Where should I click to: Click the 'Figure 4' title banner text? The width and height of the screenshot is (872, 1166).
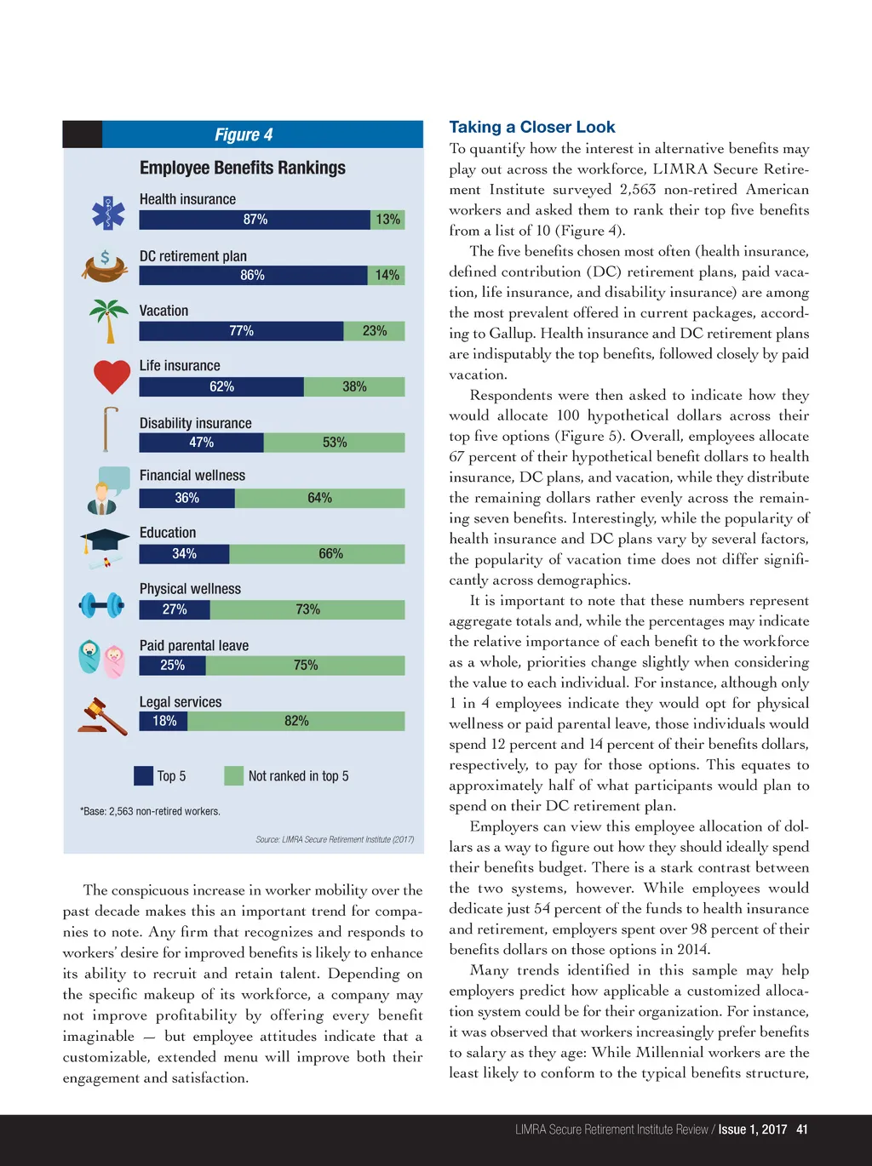click(244, 134)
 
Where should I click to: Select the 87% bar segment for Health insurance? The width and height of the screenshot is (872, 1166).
click(255, 220)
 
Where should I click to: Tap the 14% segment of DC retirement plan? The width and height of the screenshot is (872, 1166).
click(387, 275)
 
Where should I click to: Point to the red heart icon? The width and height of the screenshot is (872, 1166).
click(112, 376)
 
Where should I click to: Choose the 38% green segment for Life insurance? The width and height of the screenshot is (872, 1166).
click(354, 386)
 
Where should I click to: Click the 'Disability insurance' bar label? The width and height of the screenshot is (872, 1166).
click(196, 423)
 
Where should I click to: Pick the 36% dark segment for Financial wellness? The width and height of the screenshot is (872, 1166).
click(186, 498)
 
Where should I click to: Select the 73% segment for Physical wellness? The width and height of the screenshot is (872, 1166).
click(307, 609)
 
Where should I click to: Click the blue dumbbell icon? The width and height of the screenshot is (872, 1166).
click(102, 605)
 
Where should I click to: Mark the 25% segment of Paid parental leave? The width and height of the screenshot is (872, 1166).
click(173, 665)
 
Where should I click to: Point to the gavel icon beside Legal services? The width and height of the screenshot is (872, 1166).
click(102, 717)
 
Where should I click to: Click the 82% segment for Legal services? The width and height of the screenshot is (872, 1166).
click(296, 721)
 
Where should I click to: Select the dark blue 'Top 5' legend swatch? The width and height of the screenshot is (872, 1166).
click(143, 775)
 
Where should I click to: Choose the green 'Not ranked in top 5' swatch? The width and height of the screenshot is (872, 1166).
click(233, 775)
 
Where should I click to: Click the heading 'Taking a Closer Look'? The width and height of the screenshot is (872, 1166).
click(531, 127)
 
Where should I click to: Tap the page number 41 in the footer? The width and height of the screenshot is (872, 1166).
click(801, 1129)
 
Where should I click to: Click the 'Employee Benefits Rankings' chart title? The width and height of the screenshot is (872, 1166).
click(243, 168)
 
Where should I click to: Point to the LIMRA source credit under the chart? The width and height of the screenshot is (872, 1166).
click(335, 839)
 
